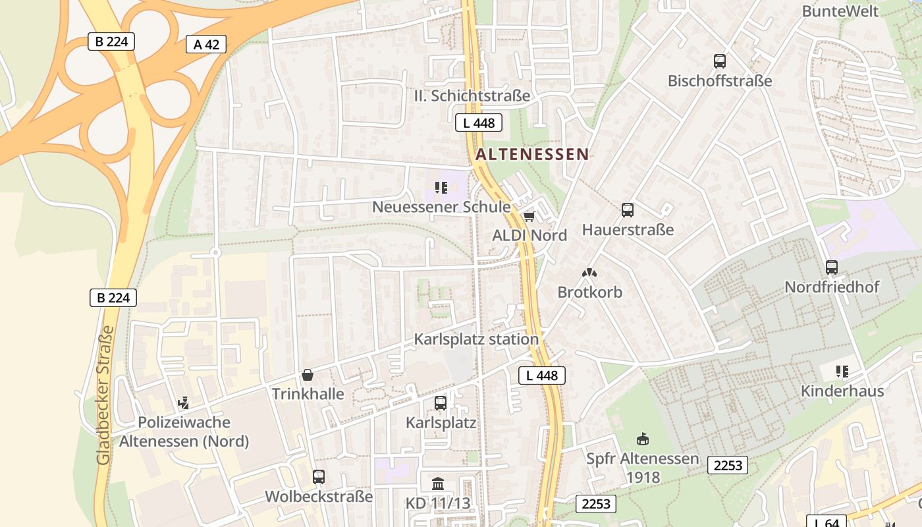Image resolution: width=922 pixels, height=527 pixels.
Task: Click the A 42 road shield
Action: (206, 44)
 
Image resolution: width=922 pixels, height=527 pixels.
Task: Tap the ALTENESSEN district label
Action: (532, 154)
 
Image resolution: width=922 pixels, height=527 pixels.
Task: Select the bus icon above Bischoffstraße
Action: (720, 61)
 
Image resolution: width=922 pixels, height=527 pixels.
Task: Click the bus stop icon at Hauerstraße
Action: (628, 210)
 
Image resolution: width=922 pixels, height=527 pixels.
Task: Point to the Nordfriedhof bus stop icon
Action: (832, 267)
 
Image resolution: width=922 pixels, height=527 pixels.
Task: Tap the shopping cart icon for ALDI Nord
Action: (529, 216)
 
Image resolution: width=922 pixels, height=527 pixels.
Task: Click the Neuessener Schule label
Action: (441, 207)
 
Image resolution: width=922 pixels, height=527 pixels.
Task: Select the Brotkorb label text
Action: (589, 292)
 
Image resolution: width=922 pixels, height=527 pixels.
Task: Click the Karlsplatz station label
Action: (476, 339)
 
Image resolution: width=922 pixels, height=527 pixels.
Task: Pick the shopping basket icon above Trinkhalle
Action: (307, 375)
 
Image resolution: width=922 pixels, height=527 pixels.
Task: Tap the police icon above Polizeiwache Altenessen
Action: (184, 402)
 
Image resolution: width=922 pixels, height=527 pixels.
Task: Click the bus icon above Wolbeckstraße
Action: (319, 476)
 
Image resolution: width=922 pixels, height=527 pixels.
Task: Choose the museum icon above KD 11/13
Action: (438, 484)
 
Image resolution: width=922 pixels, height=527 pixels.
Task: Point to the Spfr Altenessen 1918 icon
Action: (643, 439)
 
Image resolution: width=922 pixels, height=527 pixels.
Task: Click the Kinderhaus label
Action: (842, 391)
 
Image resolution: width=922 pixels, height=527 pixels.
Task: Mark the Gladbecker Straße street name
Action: (105, 395)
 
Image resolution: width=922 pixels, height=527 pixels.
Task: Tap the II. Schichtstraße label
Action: (472, 96)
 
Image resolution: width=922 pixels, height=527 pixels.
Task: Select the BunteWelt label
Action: (840, 11)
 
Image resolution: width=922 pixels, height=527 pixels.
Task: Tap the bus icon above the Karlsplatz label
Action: (441, 402)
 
